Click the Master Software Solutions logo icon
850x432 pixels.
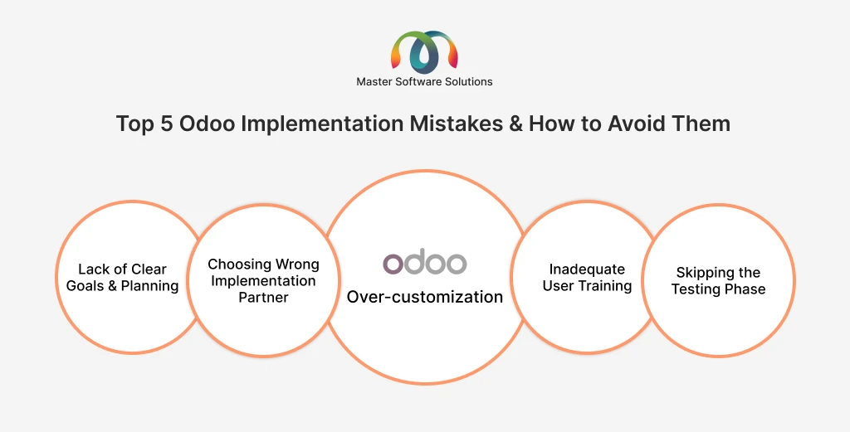click(424, 51)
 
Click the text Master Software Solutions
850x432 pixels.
click(424, 81)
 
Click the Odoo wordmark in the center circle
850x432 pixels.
click(424, 263)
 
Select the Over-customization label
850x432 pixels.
click(424, 297)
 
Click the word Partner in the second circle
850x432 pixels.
click(263, 298)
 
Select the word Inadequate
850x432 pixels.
click(587, 269)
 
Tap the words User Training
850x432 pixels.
click(587, 286)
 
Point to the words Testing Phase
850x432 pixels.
click(718, 289)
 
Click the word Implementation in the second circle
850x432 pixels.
click(263, 281)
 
